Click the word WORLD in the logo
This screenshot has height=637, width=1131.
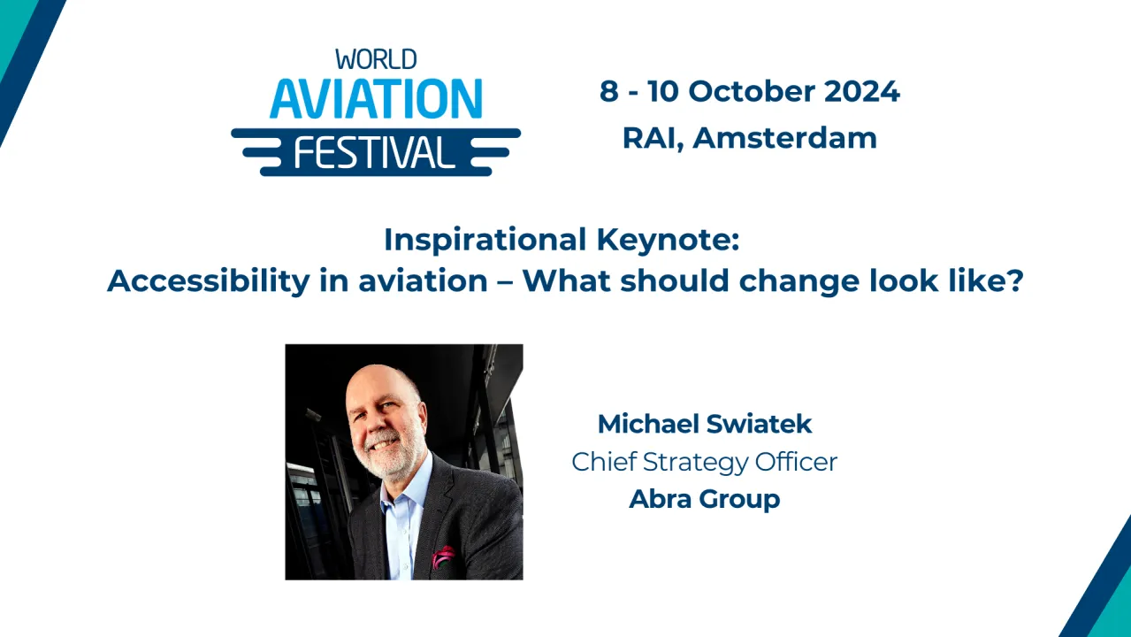coord(376,60)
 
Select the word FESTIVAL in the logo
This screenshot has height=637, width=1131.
coord(375,152)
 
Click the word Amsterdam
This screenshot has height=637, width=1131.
coord(785,138)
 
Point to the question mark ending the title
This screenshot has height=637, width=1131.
coord(1015,281)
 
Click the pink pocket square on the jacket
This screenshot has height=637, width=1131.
coord(443,557)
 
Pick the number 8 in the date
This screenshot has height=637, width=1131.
coord(608,91)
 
